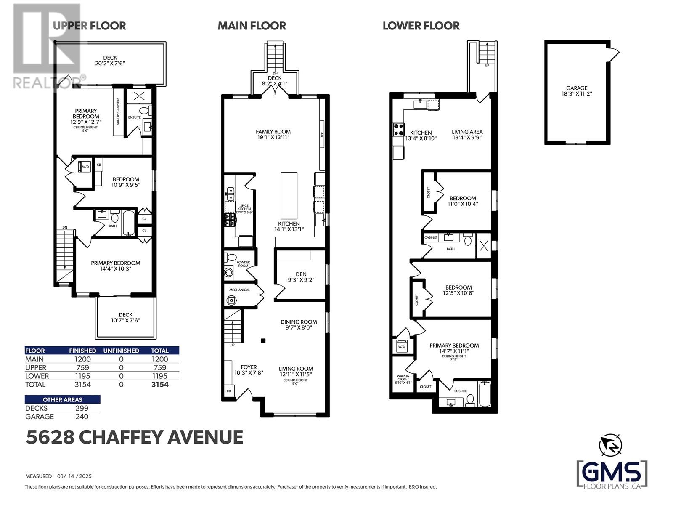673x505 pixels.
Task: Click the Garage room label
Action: coord(576,88)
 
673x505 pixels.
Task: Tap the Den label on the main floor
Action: coord(301,274)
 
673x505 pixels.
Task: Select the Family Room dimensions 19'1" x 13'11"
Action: coord(273,137)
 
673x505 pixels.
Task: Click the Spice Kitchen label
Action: coord(244,207)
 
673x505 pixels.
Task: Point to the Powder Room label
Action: coord(243,264)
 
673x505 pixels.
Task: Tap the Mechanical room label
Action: coord(239,290)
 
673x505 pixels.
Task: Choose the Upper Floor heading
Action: coord(89,26)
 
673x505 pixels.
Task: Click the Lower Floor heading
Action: coord(421,26)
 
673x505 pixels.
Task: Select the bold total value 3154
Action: coord(160,385)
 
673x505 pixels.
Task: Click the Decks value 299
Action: coord(82,408)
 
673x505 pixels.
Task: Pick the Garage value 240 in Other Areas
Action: coord(82,417)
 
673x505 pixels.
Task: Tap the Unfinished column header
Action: coord(121,351)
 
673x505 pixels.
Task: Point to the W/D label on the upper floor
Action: coord(85,167)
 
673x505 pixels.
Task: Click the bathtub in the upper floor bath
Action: coord(128,223)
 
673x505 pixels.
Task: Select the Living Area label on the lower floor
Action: coord(467,132)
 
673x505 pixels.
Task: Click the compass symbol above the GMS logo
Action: coord(610,445)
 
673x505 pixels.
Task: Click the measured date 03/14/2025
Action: coord(74,476)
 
